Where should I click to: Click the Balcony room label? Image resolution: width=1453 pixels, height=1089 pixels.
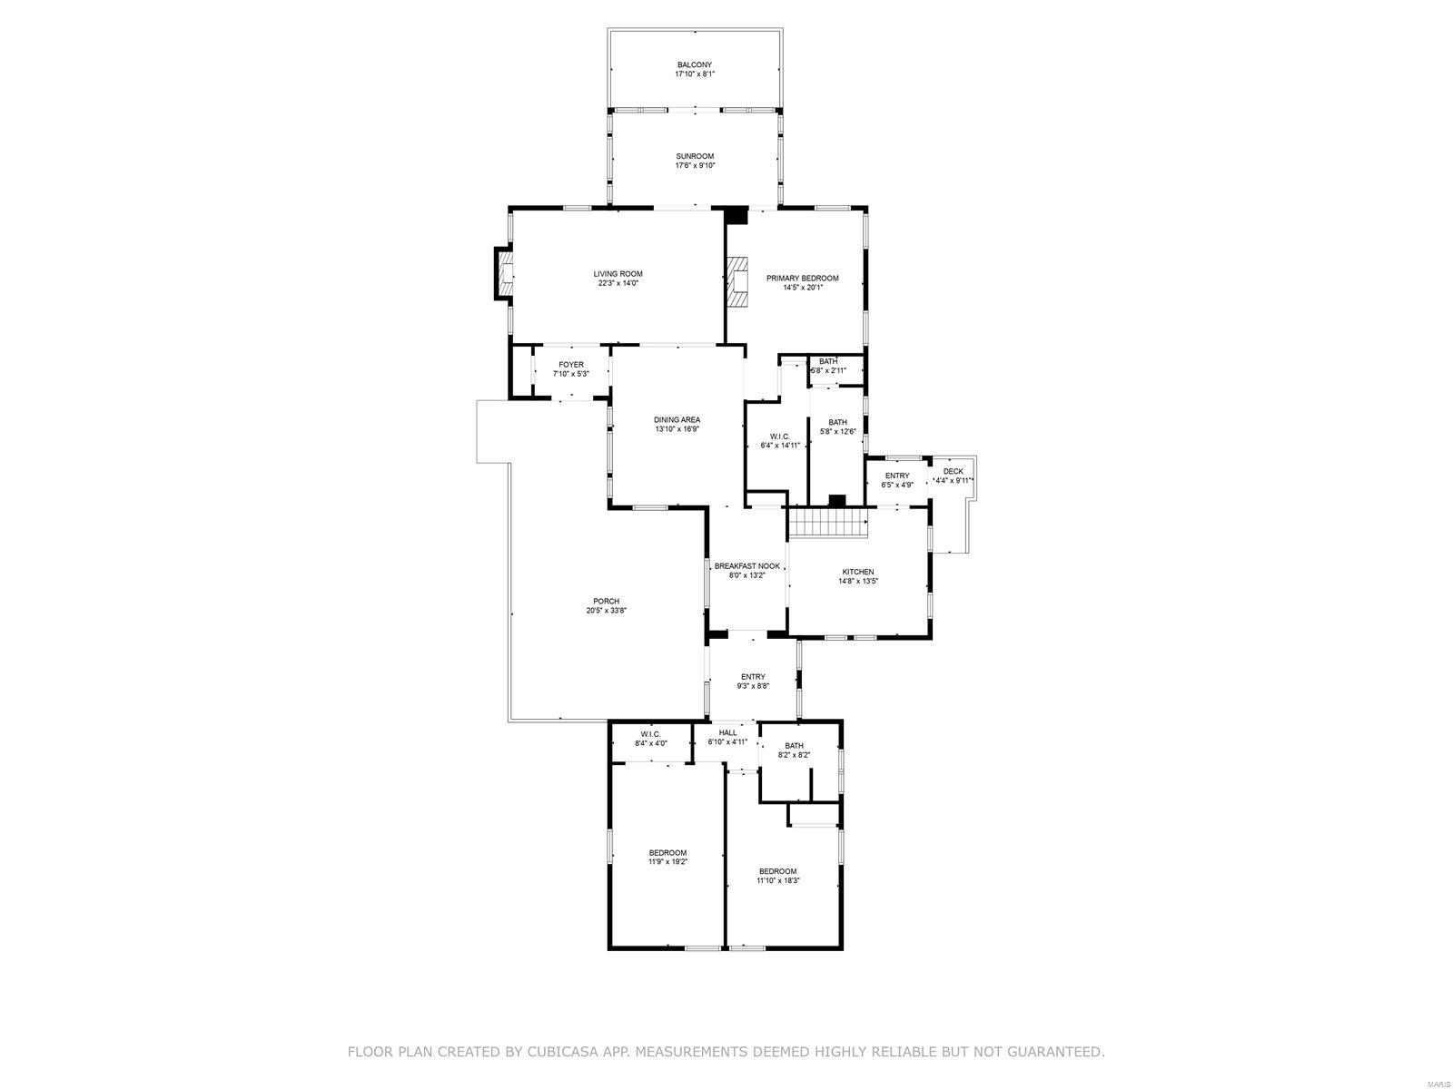[x=695, y=64]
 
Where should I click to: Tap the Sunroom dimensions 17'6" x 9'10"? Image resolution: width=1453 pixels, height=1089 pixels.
[x=695, y=165]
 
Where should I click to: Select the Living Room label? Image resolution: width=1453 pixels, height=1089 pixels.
[x=618, y=274]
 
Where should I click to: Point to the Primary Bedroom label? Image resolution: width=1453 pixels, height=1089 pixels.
[x=802, y=279]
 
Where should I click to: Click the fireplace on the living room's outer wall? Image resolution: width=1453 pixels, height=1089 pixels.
[x=504, y=273]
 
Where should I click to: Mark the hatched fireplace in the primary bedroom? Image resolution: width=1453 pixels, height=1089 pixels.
[x=736, y=282]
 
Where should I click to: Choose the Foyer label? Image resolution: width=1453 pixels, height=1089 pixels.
[x=570, y=364]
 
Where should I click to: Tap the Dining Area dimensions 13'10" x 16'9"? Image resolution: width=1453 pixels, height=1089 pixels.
[x=677, y=428]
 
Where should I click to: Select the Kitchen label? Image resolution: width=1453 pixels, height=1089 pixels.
[x=858, y=572]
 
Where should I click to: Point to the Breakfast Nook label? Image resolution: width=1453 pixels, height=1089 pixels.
[x=747, y=566]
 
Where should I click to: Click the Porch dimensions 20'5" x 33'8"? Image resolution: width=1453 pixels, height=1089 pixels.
[x=606, y=610]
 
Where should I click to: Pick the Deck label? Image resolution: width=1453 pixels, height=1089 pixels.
[x=954, y=471]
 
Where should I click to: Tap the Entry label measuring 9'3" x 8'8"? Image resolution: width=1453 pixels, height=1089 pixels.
[x=753, y=676]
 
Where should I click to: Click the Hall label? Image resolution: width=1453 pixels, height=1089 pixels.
[x=727, y=732]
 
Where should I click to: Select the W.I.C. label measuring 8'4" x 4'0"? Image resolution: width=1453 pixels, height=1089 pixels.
[x=651, y=734]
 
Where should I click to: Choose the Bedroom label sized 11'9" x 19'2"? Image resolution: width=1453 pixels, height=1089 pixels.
[x=667, y=852]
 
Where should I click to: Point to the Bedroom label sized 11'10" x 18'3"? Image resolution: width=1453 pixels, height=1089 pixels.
[x=777, y=871]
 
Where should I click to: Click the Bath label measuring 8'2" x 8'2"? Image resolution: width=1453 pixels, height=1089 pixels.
[x=794, y=745]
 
